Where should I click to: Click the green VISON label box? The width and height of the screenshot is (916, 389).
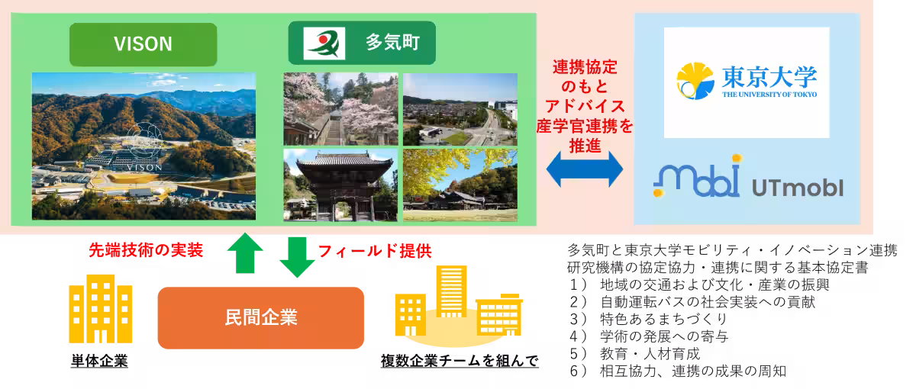pyautogui.click(x=143, y=44)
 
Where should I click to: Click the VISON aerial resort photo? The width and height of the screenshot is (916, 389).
pyautogui.click(x=144, y=146)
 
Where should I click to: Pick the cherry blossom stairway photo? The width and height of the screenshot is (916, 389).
pyautogui.click(x=340, y=108)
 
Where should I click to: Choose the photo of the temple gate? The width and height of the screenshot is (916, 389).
pyautogui.click(x=340, y=185)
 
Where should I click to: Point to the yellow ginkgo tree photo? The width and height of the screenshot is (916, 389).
pyautogui.click(x=460, y=185)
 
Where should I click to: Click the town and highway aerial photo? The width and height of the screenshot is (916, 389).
pyautogui.click(x=460, y=108)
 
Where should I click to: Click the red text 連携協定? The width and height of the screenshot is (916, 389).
pyautogui.click(x=585, y=67)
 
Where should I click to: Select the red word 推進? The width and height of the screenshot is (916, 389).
pyautogui.click(x=585, y=144)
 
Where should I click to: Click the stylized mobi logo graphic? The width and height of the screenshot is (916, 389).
pyautogui.click(x=696, y=179)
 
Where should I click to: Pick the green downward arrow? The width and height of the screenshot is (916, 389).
pyautogui.click(x=297, y=257)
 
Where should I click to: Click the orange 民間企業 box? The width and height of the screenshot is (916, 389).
pyautogui.click(x=260, y=317)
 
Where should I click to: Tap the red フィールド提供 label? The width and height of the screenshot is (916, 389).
pyautogui.click(x=369, y=251)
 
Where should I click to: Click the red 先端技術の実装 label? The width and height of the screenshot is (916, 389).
pyautogui.click(x=146, y=251)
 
